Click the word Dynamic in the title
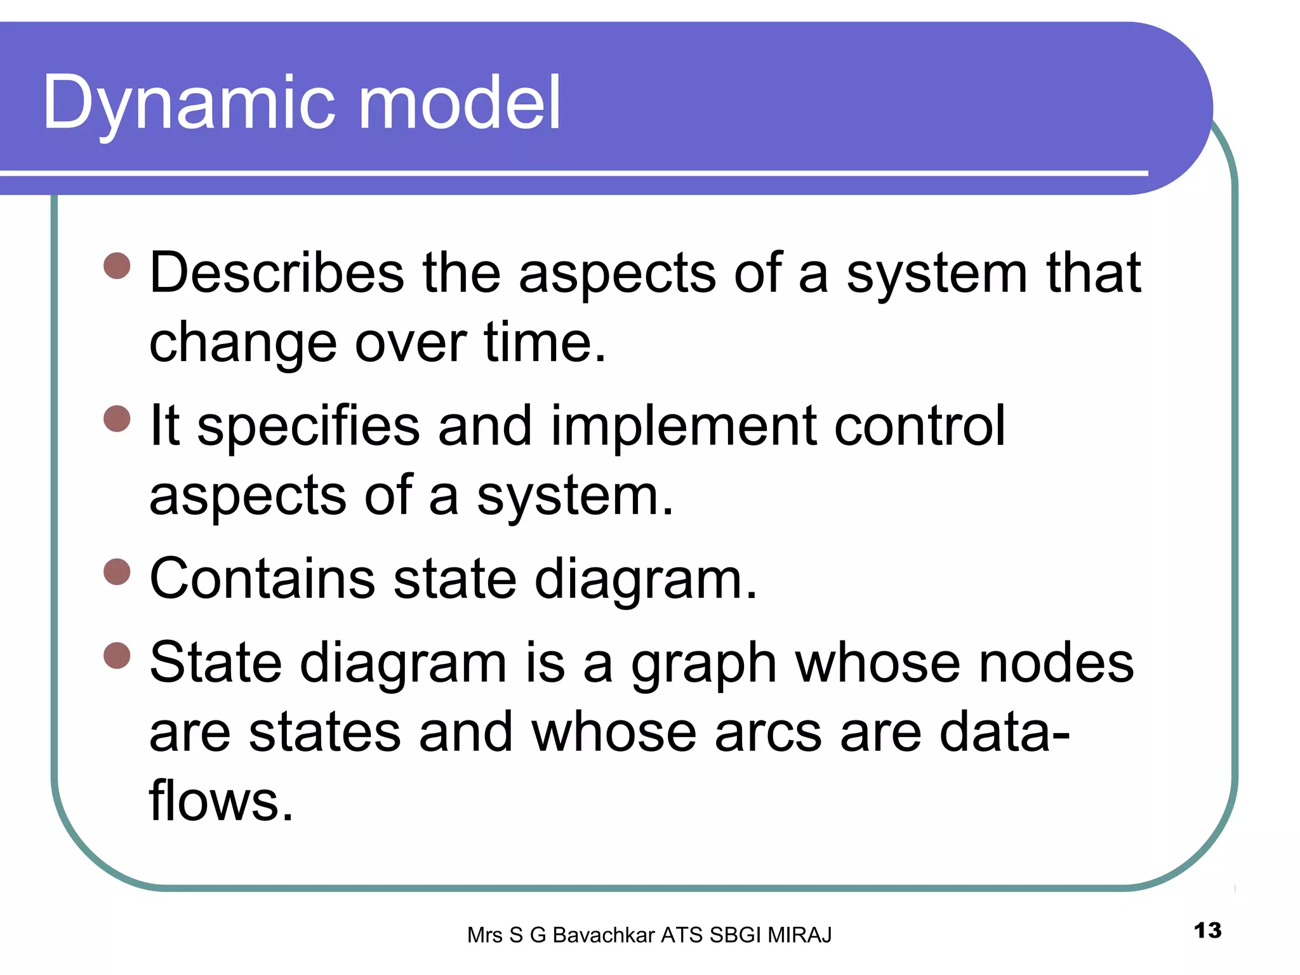pos(188,103)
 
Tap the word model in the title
pos(460,102)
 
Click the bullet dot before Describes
pos(117,266)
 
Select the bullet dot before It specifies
pos(117,419)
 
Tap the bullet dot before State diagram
pos(117,656)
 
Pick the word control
pos(919,426)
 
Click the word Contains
pos(262,578)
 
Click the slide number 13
pos(1207,931)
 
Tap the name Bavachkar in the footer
pos(603,935)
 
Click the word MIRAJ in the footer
pos(799,935)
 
